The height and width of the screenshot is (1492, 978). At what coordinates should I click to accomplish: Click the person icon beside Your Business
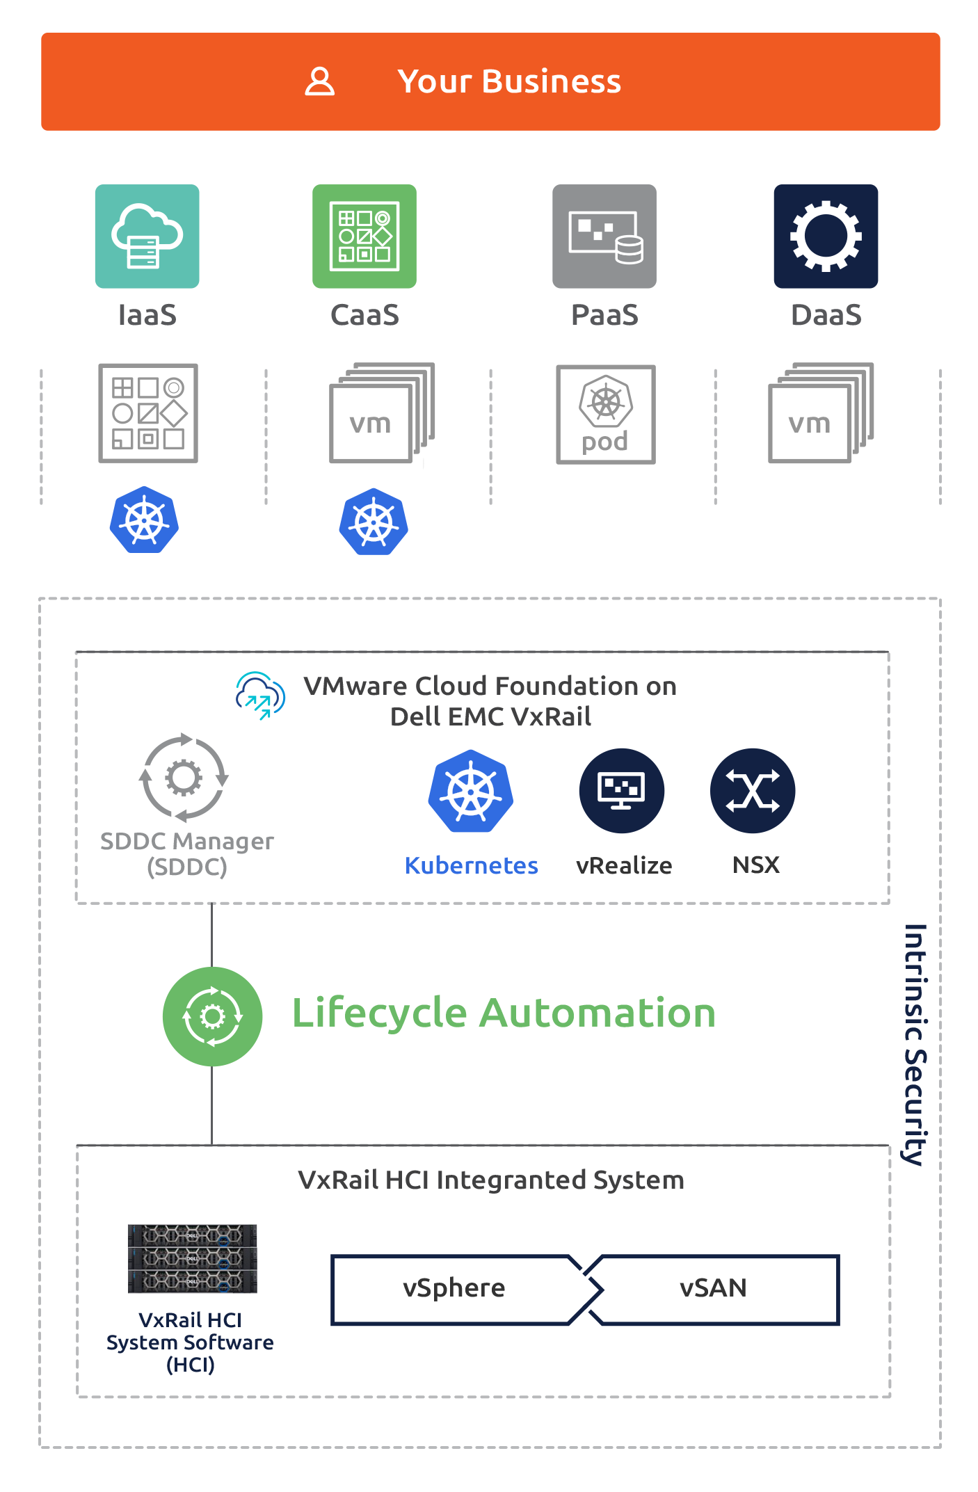320,81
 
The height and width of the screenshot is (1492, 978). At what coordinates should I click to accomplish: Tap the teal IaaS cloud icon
147,236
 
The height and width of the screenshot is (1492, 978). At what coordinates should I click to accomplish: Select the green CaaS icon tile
364,236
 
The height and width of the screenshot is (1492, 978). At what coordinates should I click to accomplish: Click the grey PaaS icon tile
604,236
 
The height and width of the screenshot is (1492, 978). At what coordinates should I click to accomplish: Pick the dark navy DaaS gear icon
826,236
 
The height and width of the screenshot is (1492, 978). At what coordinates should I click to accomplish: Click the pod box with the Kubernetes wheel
606,415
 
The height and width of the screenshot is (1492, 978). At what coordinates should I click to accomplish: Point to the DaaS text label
826,315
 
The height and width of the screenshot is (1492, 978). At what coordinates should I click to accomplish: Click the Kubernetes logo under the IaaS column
144,520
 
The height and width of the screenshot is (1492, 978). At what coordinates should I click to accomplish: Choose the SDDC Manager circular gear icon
184,778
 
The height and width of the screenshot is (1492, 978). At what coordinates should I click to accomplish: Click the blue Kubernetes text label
471,865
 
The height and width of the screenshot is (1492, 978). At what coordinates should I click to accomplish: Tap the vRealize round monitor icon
622,791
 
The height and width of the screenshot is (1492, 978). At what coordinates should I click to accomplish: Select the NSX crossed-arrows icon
753,791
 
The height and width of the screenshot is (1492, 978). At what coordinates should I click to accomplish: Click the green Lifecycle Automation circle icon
212,1016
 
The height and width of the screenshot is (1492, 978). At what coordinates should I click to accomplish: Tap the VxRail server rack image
192,1258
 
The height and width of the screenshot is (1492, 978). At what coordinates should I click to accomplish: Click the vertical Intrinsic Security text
914,1043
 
